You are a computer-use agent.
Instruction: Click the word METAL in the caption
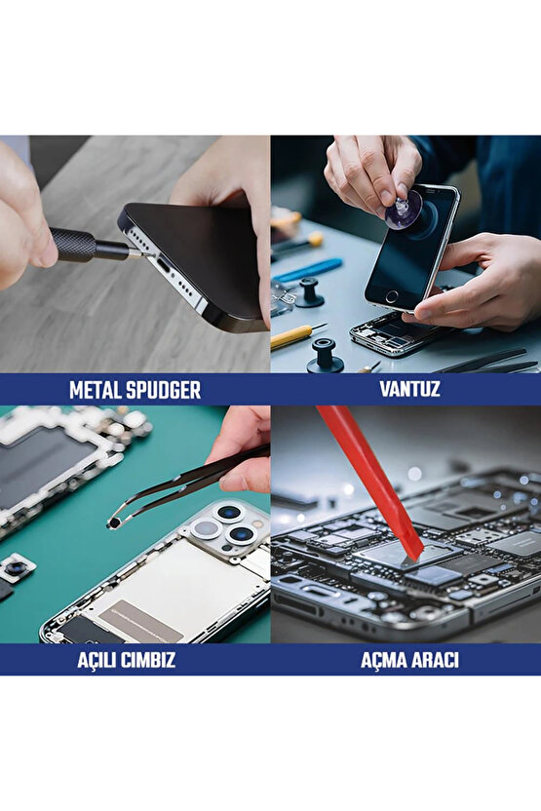tap(96, 390)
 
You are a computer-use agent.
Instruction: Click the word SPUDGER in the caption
tap(164, 390)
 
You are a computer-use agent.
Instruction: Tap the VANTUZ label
tap(409, 389)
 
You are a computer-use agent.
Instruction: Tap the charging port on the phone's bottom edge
tap(166, 266)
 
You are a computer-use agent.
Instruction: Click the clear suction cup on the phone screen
tap(403, 210)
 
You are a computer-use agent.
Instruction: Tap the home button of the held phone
tap(392, 296)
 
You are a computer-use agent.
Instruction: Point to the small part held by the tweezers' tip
tap(114, 523)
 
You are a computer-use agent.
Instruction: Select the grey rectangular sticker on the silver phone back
tap(141, 622)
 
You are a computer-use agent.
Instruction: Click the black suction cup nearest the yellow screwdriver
tap(325, 356)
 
